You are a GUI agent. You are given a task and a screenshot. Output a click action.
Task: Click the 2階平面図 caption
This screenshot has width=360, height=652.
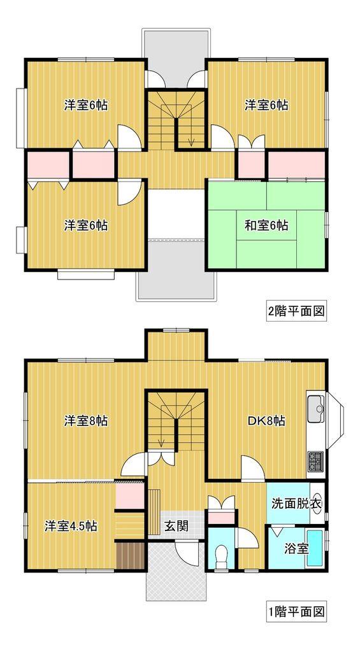[296, 311]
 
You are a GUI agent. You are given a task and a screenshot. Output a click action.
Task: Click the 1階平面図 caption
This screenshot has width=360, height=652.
[296, 613]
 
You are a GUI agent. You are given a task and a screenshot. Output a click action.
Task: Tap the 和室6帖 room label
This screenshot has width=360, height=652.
[266, 225]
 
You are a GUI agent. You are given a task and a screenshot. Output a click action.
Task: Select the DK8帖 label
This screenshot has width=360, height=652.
[266, 421]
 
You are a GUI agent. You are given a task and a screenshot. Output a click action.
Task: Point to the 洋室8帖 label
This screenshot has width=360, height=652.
[85, 421]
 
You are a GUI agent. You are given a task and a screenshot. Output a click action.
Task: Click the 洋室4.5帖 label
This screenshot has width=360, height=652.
[71, 527]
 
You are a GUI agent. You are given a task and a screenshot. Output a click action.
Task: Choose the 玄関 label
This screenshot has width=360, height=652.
[176, 527]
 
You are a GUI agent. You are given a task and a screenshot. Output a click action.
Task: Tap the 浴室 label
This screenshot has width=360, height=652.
[296, 547]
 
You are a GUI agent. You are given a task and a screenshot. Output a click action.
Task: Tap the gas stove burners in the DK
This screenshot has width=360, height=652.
[315, 460]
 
